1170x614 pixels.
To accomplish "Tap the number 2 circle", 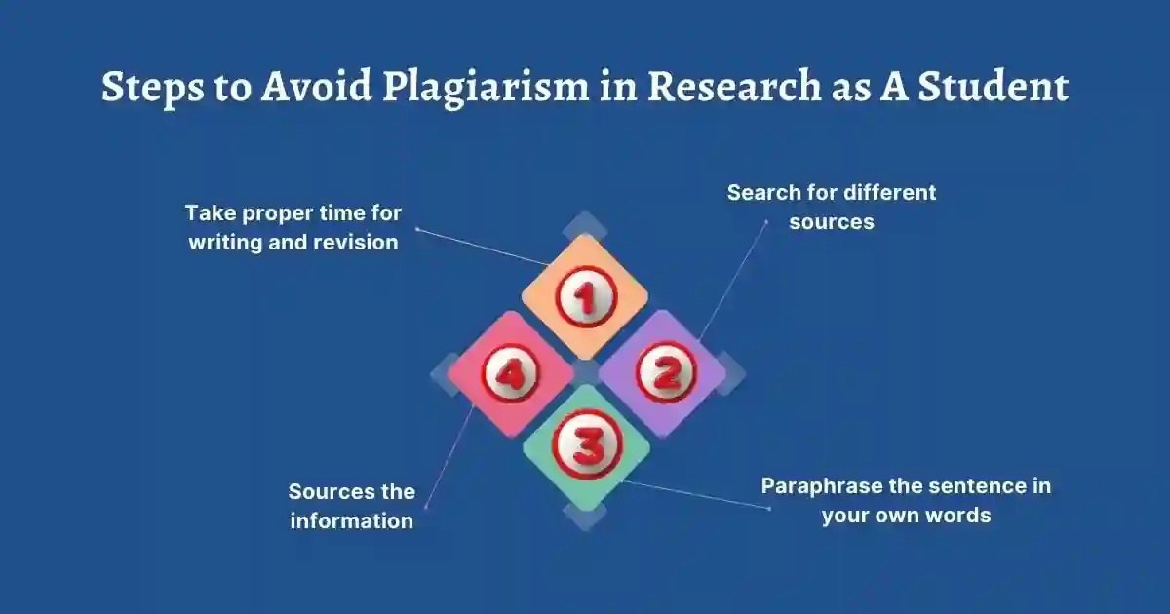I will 666,371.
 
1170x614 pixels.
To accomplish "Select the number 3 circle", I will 586,446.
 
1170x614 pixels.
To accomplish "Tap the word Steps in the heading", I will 148,87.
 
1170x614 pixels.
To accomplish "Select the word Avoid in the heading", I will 316,87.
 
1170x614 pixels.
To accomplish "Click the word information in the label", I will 351,520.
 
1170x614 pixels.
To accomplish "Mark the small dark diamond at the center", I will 586,371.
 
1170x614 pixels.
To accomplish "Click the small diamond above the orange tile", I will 585,226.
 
